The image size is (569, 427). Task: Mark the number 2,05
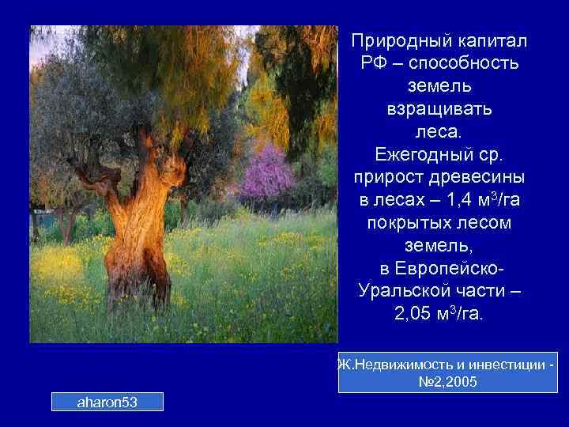413,314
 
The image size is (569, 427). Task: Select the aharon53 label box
107,402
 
